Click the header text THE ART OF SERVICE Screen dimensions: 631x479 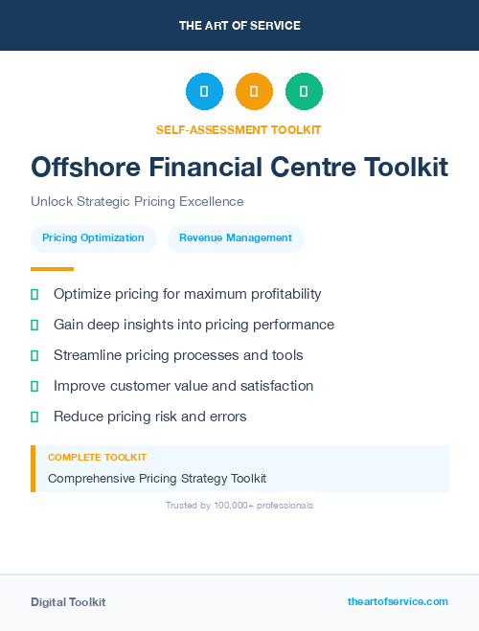(239, 26)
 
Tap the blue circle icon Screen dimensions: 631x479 (204, 92)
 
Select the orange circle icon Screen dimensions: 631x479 (254, 92)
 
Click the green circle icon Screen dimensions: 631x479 (304, 92)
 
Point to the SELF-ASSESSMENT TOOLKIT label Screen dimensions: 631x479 (239, 129)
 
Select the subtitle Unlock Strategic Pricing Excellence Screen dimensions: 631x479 (137, 202)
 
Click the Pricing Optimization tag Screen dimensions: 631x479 (93, 238)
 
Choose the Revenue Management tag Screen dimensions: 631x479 (236, 238)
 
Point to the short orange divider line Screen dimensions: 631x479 (52, 269)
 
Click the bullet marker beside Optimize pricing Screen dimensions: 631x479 (34, 294)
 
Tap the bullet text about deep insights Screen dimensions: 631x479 (194, 325)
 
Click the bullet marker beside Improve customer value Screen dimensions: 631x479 (34, 386)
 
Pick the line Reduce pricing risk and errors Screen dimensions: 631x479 (150, 417)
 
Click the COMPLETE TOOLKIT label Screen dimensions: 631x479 (97, 458)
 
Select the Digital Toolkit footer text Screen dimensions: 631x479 (68, 602)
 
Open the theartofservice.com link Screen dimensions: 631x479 (398, 601)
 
